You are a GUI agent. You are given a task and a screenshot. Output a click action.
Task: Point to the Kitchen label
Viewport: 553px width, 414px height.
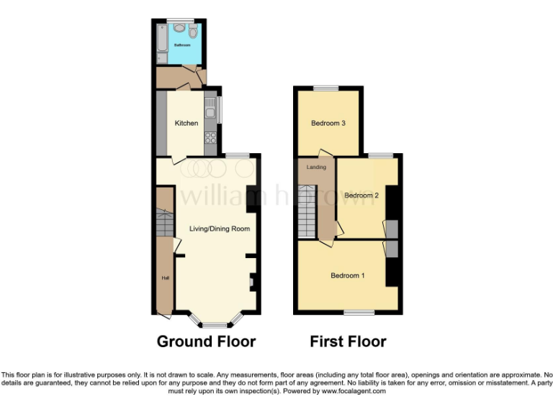186,123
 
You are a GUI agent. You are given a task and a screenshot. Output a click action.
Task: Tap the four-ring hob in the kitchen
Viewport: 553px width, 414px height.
210,137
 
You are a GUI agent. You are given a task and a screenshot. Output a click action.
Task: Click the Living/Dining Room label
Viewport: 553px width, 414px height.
220,229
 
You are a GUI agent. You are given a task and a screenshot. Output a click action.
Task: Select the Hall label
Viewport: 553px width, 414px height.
164,278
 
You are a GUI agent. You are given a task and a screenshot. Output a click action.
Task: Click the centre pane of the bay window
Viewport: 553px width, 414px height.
214,325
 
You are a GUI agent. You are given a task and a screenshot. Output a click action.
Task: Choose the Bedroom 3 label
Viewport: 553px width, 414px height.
328,123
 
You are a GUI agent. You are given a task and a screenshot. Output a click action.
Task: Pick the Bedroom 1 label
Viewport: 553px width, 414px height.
348,275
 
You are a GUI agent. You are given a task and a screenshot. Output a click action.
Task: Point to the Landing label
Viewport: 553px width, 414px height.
316,167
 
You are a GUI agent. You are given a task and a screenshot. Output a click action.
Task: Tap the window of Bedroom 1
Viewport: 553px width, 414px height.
359,312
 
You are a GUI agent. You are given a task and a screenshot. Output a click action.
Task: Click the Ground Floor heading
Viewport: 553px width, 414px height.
206,341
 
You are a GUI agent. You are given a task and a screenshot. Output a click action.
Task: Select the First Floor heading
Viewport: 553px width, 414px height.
348,341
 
